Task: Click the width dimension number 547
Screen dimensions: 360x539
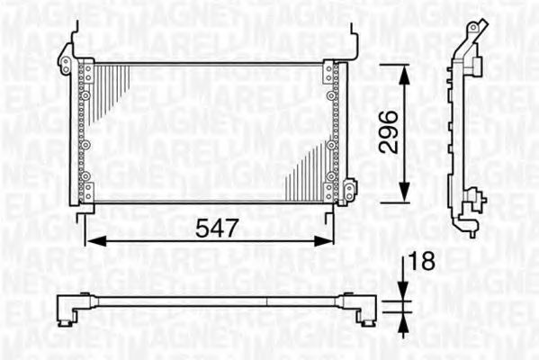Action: tap(218, 228)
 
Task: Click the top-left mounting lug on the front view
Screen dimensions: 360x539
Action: tap(65, 62)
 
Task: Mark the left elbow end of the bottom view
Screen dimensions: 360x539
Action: tap(66, 310)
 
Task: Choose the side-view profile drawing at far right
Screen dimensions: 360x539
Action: tap(468, 130)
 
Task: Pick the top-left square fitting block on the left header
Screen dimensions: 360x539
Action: tap(87, 73)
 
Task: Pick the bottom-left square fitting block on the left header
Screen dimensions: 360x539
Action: tap(87, 191)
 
